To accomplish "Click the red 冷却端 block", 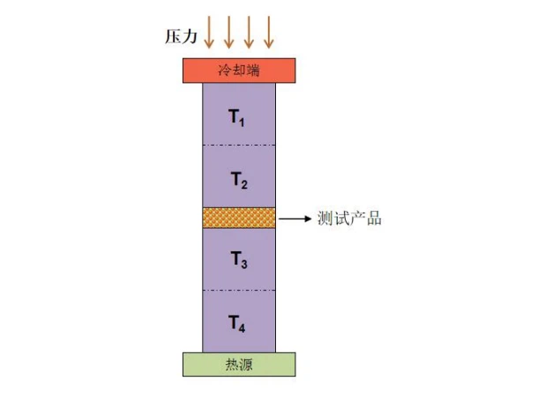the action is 239,71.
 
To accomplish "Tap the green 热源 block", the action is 239,364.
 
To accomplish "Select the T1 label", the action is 236,117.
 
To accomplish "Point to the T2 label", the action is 239,180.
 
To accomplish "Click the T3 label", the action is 239,259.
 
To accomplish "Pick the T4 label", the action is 236,324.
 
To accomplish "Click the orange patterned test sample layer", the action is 239,218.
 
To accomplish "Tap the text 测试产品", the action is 349,219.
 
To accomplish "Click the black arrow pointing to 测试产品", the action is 295,219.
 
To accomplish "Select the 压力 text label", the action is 181,36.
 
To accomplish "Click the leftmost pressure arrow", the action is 209,32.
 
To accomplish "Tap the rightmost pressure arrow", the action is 269,32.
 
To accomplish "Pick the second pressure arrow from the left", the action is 228,32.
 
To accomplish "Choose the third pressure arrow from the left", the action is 249,32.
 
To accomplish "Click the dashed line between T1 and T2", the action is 239,145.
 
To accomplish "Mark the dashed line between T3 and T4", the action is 239,290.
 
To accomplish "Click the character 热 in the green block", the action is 232,365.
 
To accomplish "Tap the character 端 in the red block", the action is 253,71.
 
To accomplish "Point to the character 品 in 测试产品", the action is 374,219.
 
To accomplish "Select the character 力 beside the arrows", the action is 190,36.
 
